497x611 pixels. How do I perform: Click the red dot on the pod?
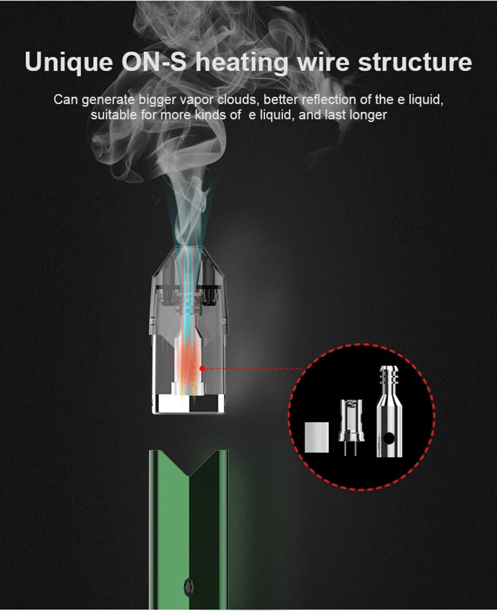202,368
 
